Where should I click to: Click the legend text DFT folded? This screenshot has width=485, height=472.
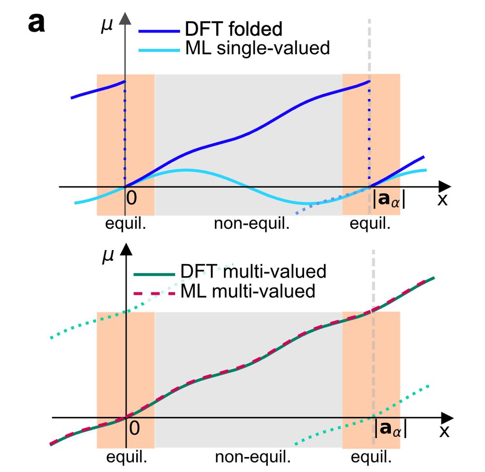coord(233,29)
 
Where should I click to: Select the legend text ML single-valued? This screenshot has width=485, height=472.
coord(258,48)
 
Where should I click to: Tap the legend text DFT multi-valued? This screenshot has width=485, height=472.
coord(253,271)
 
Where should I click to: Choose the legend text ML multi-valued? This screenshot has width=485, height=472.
coord(248,291)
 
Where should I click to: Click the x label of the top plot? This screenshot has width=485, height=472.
coord(442,199)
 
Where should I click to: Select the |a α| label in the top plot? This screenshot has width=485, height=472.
coord(389,200)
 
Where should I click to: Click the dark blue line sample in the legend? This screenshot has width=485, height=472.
coord(158,31)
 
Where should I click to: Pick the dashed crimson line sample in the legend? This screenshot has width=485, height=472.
coord(154,292)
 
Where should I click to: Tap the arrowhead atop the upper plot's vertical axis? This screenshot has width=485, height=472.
coord(126,18)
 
